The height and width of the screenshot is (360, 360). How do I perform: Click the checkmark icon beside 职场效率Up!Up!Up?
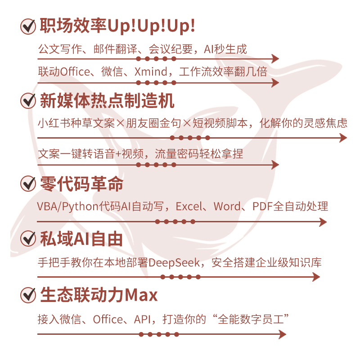[28, 26]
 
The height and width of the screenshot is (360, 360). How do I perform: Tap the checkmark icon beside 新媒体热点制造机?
[28, 100]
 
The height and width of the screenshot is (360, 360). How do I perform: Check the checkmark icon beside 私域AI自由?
[28, 238]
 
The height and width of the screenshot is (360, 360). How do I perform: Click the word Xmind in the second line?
[148, 71]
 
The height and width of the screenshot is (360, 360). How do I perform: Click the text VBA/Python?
[67, 207]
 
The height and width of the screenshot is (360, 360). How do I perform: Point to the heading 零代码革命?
[81, 184]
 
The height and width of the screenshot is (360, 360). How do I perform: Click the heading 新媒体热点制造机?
[107, 100]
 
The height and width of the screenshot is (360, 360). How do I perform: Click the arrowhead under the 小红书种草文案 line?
[343, 138]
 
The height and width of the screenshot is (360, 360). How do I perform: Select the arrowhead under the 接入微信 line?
[282, 334]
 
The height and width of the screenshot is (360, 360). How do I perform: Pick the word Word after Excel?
[227, 207]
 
